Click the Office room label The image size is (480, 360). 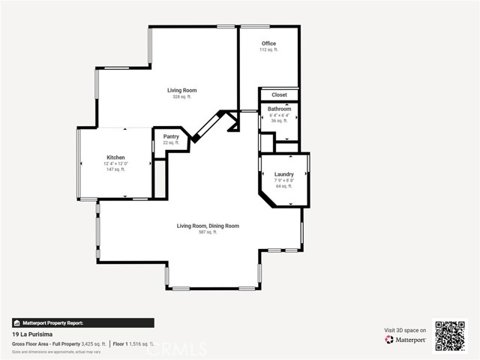(268, 43)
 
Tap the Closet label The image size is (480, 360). (279, 95)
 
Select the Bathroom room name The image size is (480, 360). (279, 109)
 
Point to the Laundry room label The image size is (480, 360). (283, 174)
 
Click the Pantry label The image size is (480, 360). (171, 136)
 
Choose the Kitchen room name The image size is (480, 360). (115, 157)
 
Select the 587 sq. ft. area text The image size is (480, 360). (208, 232)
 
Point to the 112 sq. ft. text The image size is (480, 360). (268, 49)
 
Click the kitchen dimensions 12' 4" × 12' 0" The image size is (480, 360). (115, 163)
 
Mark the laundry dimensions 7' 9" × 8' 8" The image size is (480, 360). (283, 180)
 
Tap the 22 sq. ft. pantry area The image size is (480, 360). (171, 142)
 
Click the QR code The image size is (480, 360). (450, 335)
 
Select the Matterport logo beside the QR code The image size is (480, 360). (406, 340)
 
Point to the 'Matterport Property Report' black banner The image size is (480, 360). (82, 322)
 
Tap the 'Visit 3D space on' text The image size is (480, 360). (405, 330)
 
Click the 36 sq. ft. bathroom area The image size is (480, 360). (279, 121)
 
